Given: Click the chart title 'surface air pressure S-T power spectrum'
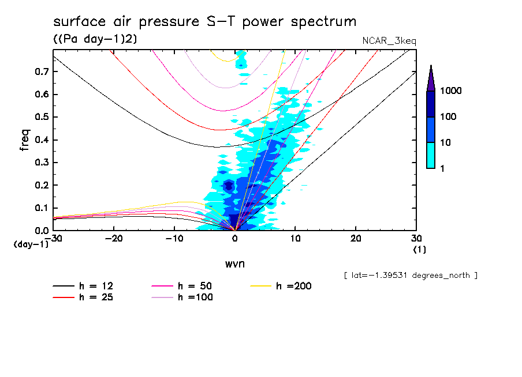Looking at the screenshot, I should click(204, 22).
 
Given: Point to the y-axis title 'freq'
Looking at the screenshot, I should click(25, 140).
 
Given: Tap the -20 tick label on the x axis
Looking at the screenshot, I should click(114, 239).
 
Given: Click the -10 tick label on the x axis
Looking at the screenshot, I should click(174, 239).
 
